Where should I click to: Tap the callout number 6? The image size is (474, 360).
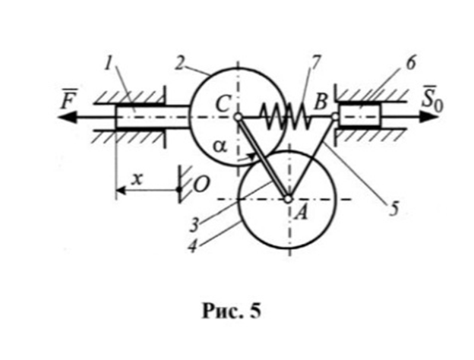pos(411,64)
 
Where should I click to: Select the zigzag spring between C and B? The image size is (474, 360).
pos(283,118)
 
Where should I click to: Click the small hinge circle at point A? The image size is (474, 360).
pos(289,200)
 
